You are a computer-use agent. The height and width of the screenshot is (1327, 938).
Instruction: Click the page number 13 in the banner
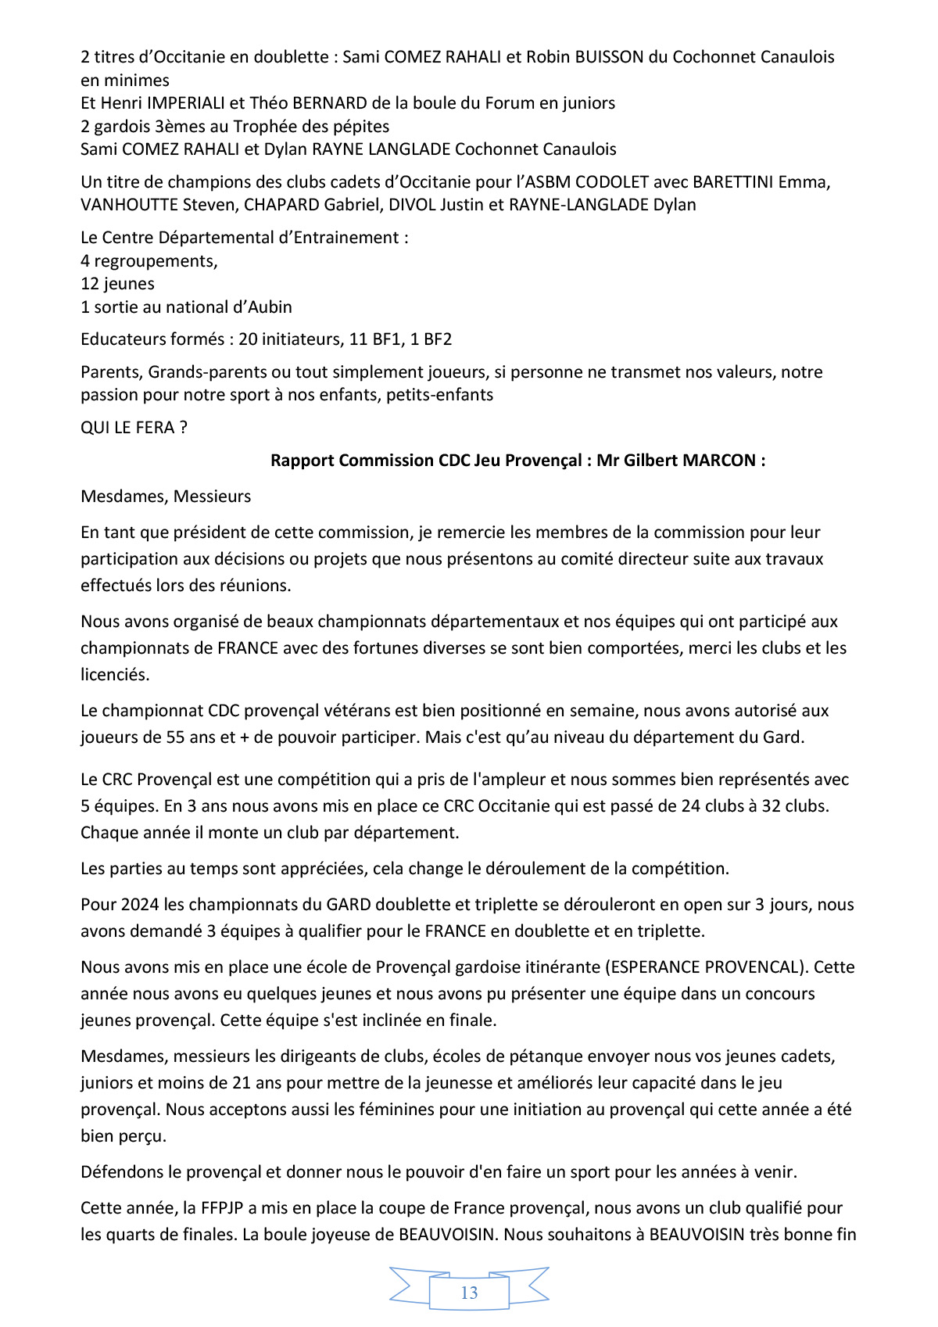pos(469,1293)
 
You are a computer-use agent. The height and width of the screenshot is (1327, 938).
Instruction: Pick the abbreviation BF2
pos(437,339)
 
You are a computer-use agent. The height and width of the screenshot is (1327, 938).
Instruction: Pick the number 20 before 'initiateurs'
pos(248,339)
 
